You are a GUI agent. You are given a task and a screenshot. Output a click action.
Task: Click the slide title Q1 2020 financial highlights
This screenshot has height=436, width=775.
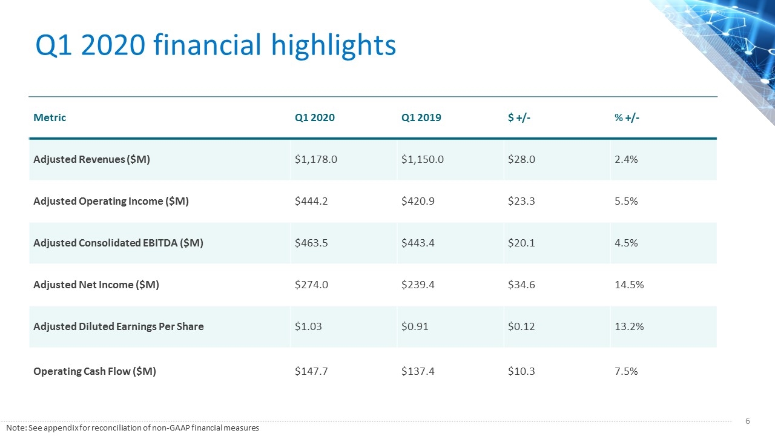216,45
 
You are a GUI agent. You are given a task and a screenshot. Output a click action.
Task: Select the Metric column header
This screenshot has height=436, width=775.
50,117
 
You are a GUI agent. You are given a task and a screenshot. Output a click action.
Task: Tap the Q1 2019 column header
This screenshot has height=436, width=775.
421,117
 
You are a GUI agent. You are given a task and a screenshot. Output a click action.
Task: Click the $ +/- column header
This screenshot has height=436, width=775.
519,117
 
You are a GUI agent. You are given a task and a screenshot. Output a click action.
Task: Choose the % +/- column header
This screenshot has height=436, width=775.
627,117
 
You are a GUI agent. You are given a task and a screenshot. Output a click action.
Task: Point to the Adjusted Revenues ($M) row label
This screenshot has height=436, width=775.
91,159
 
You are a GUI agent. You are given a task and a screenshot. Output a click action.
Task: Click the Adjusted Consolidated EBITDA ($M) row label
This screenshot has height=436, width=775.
118,243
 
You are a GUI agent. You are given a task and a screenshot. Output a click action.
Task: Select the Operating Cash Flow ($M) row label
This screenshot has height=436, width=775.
94,371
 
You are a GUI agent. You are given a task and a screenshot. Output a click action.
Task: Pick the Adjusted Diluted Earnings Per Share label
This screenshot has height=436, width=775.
118,326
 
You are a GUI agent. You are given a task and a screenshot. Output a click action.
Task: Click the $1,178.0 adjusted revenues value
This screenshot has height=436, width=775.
316,159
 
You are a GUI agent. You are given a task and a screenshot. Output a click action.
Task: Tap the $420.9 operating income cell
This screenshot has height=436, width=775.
418,201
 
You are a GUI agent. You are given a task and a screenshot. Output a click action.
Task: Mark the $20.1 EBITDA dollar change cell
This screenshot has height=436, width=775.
521,243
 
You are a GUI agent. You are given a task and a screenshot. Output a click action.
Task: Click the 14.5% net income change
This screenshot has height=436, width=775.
629,285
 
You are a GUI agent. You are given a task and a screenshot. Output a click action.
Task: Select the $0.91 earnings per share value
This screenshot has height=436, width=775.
415,326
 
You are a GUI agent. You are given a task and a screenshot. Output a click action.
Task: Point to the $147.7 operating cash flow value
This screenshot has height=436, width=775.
311,371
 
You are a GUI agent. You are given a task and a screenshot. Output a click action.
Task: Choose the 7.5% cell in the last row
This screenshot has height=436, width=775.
626,371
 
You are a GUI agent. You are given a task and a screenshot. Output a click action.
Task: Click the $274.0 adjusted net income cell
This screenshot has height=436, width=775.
311,285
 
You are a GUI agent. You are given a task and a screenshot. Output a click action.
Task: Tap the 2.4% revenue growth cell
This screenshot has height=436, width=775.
626,159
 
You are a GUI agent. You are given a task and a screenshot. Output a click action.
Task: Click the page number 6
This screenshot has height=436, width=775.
747,421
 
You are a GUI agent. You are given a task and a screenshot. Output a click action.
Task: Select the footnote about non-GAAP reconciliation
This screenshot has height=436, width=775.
133,428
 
